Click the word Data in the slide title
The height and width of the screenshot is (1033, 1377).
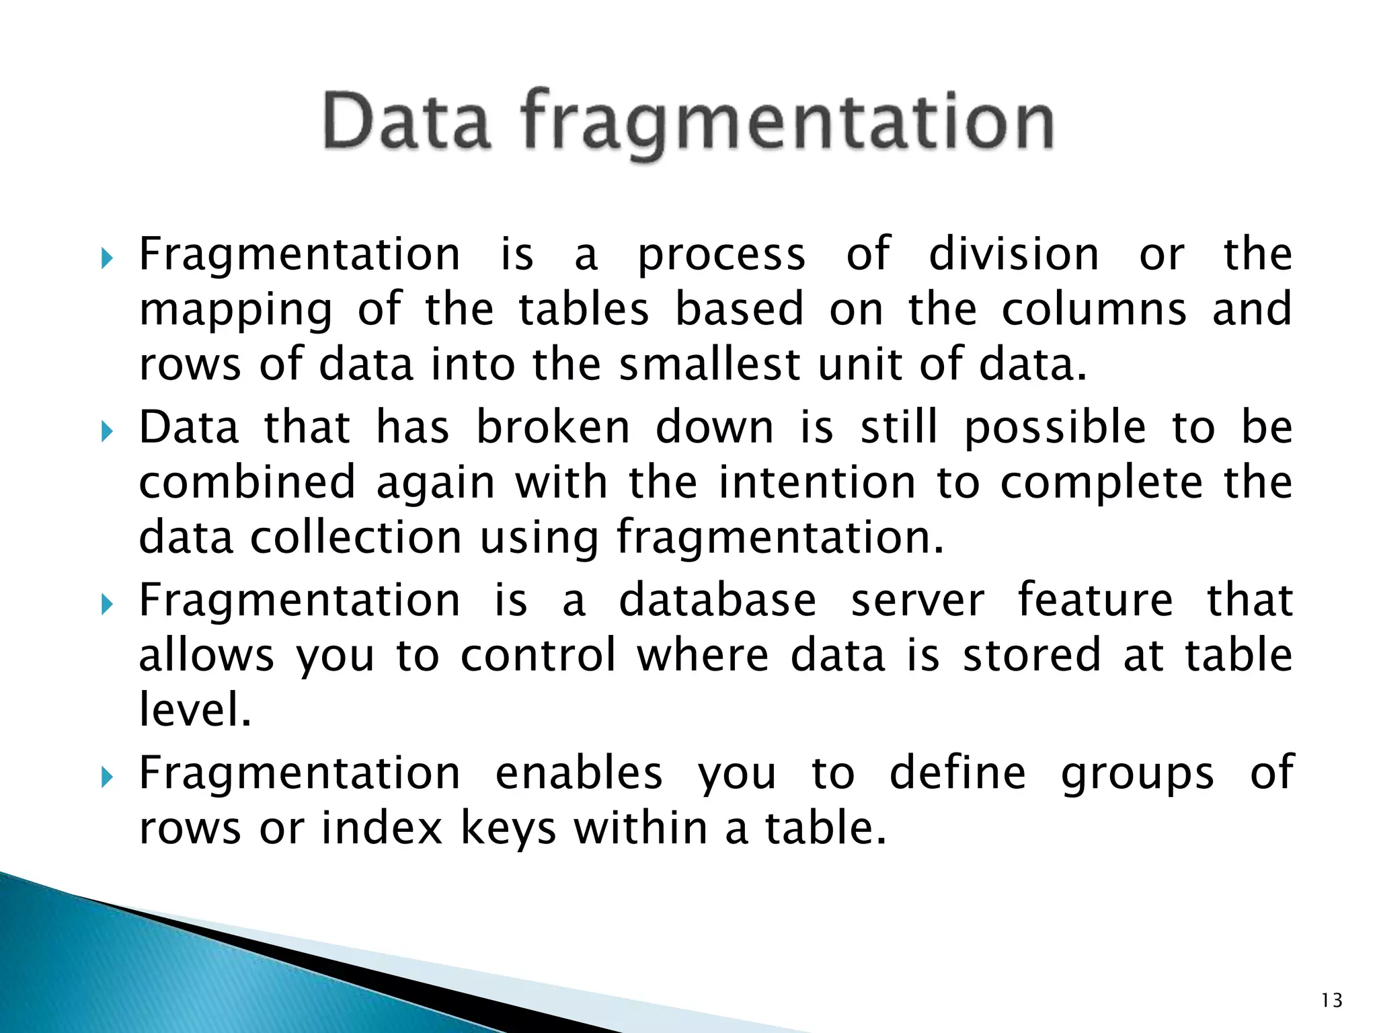(406, 122)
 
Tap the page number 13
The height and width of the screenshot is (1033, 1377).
(1331, 1001)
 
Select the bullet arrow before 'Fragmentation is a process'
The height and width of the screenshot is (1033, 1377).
(107, 258)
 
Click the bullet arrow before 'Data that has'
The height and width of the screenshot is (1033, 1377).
(107, 431)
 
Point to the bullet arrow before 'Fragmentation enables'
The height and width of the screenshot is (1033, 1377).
(107, 777)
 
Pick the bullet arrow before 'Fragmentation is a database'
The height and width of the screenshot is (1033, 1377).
(107, 604)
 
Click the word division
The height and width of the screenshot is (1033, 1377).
(1013, 254)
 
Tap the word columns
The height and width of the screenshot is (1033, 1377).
(1094, 309)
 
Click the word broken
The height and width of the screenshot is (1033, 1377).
(553, 428)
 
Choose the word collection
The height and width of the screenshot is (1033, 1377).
(356, 538)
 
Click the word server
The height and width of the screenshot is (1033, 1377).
(918, 601)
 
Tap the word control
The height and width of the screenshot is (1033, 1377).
(538, 656)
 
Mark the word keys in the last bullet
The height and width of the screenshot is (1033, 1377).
(508, 829)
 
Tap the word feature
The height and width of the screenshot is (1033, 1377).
(1095, 601)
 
